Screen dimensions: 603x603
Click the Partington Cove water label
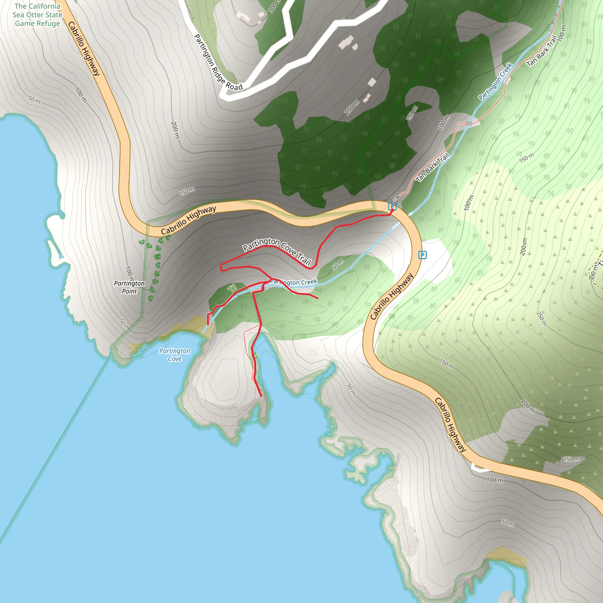tap(175, 355)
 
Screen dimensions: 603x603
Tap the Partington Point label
tap(129, 287)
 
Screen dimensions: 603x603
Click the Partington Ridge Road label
tap(218, 63)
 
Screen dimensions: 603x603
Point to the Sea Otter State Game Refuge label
tap(37, 15)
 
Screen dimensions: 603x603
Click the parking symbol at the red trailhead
tap(392, 206)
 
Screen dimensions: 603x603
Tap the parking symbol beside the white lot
tap(422, 255)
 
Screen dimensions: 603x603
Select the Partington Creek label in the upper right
tap(495, 82)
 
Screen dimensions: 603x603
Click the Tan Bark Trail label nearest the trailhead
tap(432, 167)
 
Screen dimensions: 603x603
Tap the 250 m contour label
tap(542, 319)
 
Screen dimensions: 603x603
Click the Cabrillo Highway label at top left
tap(84, 48)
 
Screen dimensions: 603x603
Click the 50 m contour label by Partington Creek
tap(338, 264)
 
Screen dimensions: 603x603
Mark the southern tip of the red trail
tap(261, 396)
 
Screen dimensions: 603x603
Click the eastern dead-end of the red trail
tap(318, 299)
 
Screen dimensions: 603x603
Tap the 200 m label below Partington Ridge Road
tap(352, 107)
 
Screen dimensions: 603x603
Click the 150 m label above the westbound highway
tap(187, 191)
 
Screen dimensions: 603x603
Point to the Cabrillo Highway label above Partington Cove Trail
tap(188, 220)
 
